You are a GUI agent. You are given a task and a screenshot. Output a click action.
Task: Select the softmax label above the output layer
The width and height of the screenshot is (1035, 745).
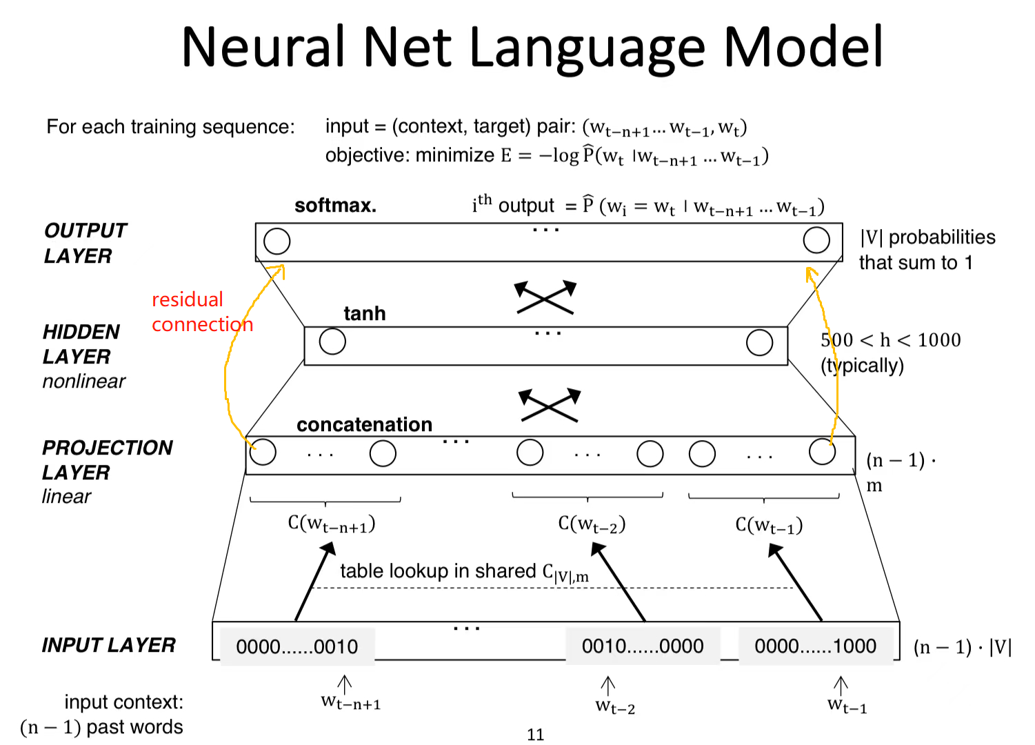click(x=335, y=206)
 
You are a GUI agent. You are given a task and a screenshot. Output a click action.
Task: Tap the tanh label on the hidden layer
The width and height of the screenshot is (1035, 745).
click(x=365, y=313)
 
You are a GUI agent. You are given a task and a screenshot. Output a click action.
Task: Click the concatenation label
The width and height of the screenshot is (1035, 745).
click(x=364, y=424)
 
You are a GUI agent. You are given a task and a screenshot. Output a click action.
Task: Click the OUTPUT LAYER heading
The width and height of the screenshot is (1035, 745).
click(x=85, y=243)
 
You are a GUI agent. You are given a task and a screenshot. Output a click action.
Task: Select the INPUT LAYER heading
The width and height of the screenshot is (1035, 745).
click(x=109, y=645)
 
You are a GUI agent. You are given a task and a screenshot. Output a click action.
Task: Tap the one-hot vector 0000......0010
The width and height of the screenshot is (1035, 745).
click(x=297, y=646)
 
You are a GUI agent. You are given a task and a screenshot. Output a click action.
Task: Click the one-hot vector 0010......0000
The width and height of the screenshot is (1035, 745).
click(x=643, y=646)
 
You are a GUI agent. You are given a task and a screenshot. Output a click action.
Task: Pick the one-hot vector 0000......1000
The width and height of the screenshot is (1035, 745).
click(x=815, y=646)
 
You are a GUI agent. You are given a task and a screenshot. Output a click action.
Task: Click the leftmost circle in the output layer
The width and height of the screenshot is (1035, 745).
click(x=277, y=241)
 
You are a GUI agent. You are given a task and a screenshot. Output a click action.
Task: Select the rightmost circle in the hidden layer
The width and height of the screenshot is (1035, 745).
click(x=759, y=342)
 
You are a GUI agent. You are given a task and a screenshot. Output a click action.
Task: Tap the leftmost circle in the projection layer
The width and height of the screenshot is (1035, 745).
click(x=263, y=453)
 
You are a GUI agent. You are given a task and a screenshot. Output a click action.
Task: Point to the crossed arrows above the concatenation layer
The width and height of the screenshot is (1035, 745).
click(x=550, y=405)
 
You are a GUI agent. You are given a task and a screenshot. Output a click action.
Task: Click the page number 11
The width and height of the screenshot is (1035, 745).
click(x=535, y=735)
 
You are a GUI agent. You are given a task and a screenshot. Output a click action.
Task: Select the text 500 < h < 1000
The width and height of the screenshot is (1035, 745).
click(x=890, y=340)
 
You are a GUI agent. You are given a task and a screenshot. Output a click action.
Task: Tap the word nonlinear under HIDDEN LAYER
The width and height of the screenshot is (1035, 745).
click(x=83, y=381)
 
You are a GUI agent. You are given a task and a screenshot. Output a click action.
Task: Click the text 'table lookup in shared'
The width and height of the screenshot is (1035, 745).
click(x=438, y=571)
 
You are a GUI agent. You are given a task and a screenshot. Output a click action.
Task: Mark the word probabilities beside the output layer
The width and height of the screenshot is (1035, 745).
click(x=942, y=237)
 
